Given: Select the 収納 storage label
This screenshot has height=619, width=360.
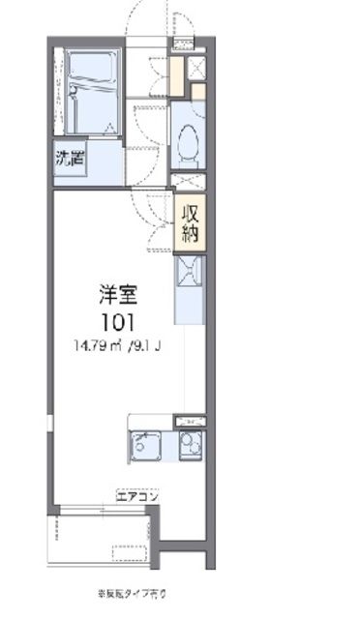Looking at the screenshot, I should [188, 222].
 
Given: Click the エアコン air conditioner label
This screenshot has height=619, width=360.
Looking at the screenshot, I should [138, 494].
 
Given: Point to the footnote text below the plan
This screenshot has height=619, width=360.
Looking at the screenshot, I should [136, 591].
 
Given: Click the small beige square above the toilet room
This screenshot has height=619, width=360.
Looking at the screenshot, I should [197, 92].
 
